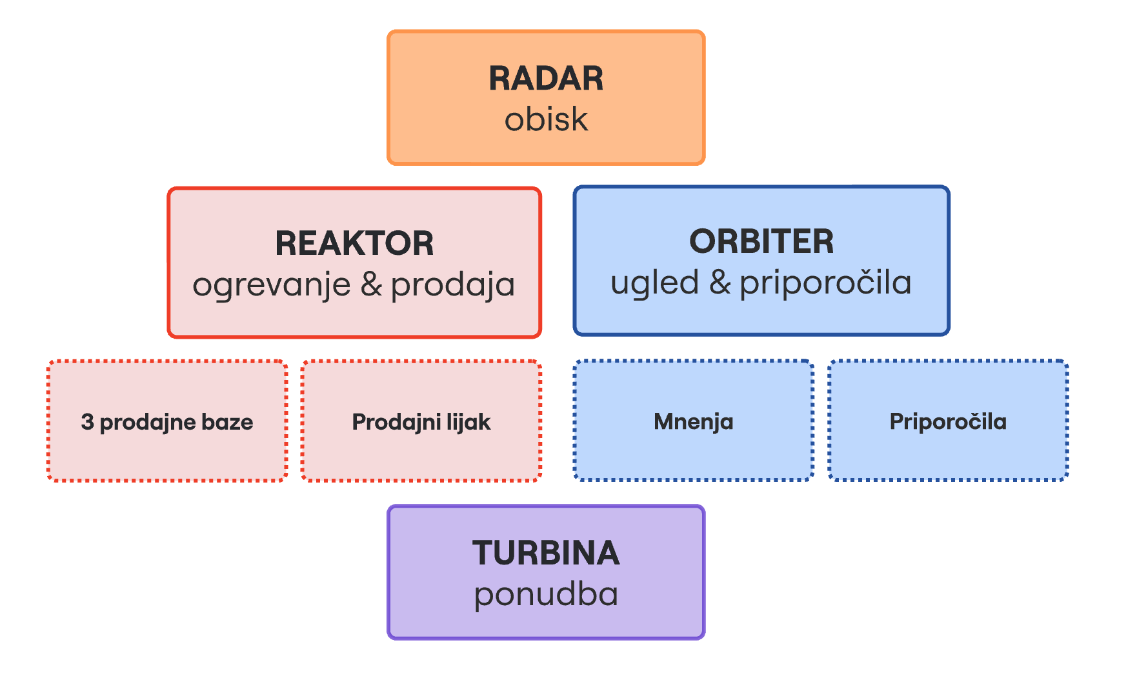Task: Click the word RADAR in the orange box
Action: point(546,79)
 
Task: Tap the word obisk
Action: point(546,119)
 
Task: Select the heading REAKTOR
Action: point(354,243)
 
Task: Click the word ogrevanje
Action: point(271,285)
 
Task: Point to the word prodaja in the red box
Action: point(453,285)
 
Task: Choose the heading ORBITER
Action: point(761,241)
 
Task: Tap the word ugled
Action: point(654,283)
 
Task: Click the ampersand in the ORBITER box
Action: point(719,282)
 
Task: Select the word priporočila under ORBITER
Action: point(825,283)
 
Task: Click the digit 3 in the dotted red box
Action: point(87,422)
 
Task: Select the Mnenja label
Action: point(693,422)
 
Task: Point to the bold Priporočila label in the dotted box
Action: point(947,422)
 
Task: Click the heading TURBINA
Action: point(546,554)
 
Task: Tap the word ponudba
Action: point(546,595)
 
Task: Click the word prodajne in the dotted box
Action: point(148,422)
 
